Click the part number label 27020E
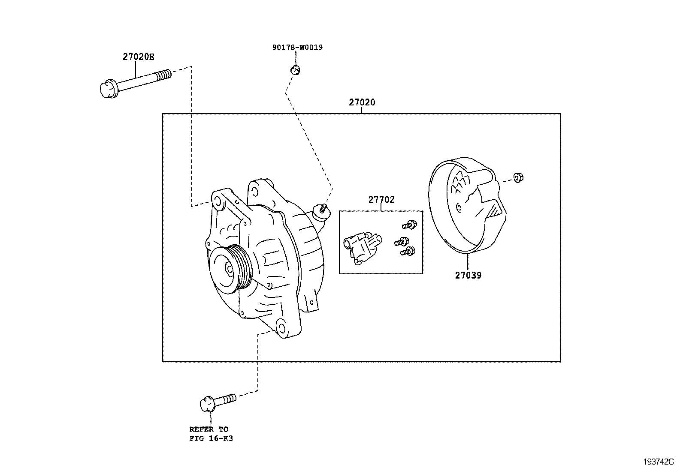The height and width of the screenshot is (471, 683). point(138,57)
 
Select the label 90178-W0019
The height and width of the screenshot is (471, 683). point(297,47)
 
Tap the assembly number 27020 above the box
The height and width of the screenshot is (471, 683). point(362,102)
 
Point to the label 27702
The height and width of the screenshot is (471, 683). point(381,199)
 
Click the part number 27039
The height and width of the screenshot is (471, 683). point(468,275)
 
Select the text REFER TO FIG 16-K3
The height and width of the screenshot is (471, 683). point(211,433)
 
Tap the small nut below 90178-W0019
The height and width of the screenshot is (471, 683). point(294,69)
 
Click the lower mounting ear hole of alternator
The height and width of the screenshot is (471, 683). point(281,327)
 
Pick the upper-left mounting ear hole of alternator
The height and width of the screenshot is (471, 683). point(217,201)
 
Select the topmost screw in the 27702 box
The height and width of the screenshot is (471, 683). point(410,224)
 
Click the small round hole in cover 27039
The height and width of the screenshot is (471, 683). point(459,208)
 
